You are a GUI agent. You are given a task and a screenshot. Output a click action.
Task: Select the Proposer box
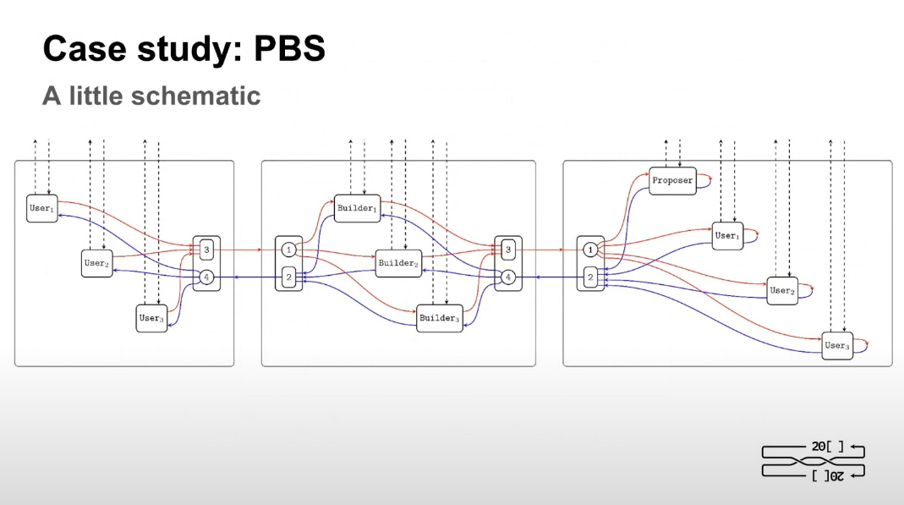(x=672, y=180)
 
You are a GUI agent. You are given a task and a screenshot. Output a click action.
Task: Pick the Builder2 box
(x=398, y=263)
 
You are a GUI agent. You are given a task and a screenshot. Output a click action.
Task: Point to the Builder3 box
(x=440, y=319)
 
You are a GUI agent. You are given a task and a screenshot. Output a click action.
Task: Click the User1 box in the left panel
(x=41, y=208)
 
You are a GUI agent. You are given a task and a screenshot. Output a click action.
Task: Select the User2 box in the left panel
(x=96, y=263)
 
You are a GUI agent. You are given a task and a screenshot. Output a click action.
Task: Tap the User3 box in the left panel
(x=151, y=318)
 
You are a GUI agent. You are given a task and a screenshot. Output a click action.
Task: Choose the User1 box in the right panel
(x=726, y=236)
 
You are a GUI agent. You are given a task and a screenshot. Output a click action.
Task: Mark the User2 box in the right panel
(x=782, y=290)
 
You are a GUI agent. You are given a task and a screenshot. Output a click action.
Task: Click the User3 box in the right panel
(x=837, y=345)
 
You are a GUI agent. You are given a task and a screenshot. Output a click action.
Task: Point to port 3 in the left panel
(x=206, y=250)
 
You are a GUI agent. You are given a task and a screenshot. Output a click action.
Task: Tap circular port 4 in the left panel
(x=206, y=277)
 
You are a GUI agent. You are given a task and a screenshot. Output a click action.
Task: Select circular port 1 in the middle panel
(x=288, y=250)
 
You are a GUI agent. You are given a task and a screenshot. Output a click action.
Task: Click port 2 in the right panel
(x=591, y=277)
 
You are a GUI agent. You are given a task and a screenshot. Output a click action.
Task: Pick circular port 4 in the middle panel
(x=508, y=277)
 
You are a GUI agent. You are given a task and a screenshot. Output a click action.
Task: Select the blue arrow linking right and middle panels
(x=550, y=277)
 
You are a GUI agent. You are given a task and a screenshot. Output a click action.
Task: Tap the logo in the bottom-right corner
(x=813, y=460)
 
